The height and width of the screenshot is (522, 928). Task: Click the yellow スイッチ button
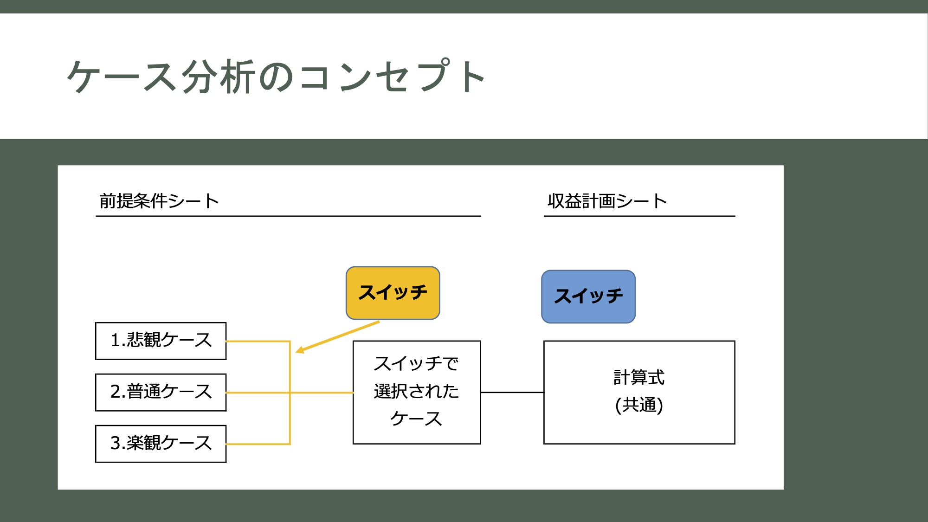(393, 293)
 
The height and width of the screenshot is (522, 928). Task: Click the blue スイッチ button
(588, 296)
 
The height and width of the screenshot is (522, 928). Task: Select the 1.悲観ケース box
(161, 341)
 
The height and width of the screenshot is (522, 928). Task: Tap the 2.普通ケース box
(161, 393)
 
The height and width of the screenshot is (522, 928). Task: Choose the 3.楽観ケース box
(161, 444)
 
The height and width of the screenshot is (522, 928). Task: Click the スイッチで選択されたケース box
(417, 393)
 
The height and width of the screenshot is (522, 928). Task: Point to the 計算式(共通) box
(639, 393)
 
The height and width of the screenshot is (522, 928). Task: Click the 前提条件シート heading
(159, 201)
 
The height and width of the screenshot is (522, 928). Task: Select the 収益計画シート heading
(607, 201)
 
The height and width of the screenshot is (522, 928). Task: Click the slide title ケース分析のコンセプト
(277, 77)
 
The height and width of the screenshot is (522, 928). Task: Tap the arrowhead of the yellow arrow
(300, 350)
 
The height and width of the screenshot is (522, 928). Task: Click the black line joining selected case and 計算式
(512, 393)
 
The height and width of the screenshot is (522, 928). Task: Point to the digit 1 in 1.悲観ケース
(116, 340)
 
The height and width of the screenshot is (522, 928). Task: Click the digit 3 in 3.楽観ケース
(116, 443)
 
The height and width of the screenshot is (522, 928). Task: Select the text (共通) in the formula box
(639, 405)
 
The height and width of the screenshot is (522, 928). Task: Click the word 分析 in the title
(218, 77)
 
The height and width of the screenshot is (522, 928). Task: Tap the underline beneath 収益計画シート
(639, 216)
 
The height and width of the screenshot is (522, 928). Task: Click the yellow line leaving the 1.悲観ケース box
(258, 342)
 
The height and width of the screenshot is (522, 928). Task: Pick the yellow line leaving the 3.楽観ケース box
(258, 444)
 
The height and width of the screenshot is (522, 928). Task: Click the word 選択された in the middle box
(416, 391)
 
